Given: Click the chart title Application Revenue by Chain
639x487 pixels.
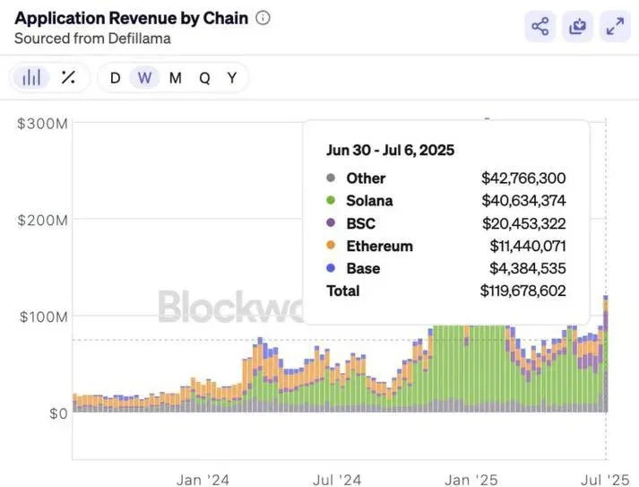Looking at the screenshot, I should point(131,18).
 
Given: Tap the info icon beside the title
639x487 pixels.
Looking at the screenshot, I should point(263,18).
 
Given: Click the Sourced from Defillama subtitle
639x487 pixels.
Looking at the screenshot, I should point(92,39).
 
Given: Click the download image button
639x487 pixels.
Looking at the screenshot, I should point(577,27).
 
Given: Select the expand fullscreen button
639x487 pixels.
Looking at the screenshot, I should point(615,27).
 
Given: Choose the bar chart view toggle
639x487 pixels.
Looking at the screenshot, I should point(32,78).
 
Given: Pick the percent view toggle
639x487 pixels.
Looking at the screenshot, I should point(68,78).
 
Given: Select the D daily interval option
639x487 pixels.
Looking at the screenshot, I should point(115,78).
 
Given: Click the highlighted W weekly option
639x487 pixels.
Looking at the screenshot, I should point(144,78).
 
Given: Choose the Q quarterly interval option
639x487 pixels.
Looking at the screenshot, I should point(204,78).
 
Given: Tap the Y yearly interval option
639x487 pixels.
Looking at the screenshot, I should point(232,78).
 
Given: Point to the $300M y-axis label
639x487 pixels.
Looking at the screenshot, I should point(42,124).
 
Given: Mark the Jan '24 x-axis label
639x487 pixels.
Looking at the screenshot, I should point(203,480).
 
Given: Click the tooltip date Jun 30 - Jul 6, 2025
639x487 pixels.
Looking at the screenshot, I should point(391,150).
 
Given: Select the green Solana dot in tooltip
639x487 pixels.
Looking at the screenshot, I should point(332,201).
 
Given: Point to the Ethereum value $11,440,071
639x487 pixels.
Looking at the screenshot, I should point(527,246).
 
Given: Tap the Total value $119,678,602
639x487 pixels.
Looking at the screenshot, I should point(523,291).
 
